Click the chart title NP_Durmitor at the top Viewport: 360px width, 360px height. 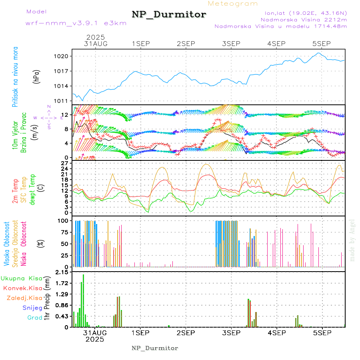(169, 15)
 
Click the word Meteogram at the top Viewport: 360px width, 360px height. (233, 4)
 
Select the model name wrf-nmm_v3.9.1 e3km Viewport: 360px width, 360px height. (76, 23)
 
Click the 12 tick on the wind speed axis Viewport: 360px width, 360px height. (64, 115)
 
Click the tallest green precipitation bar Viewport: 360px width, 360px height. (83, 300)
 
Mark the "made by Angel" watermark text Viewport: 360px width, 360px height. (352, 240)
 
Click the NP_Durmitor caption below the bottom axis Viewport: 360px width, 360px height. (155, 348)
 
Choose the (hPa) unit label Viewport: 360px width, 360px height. (37, 76)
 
